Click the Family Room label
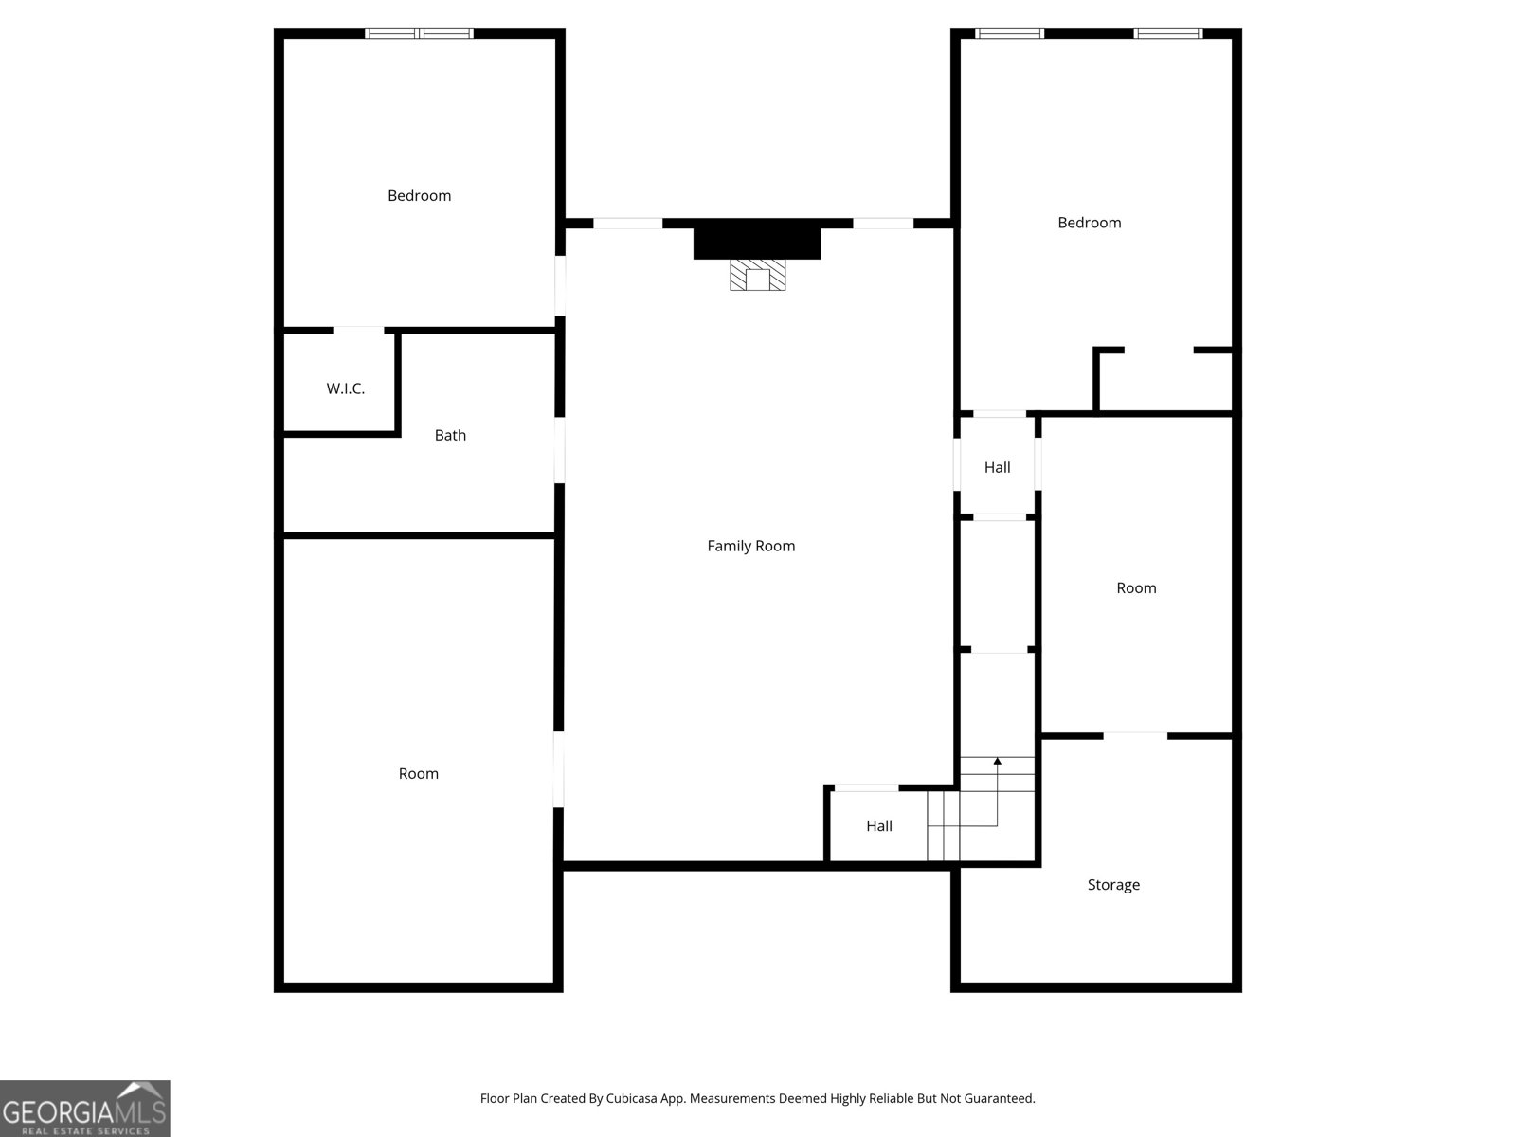click(750, 546)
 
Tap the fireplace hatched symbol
click(758, 275)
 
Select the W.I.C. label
click(345, 388)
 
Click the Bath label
click(450, 436)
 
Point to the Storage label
click(1113, 885)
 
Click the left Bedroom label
click(419, 196)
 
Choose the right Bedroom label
click(1090, 223)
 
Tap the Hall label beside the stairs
click(879, 826)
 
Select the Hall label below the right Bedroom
click(998, 468)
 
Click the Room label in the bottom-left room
click(419, 774)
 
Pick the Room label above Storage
click(1136, 588)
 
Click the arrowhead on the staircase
click(998, 761)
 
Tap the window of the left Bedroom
click(419, 33)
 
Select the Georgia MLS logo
click(85, 1109)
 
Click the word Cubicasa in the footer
click(631, 1098)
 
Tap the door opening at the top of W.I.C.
click(358, 330)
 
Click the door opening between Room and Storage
click(1135, 736)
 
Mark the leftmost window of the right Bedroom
click(1009, 33)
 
